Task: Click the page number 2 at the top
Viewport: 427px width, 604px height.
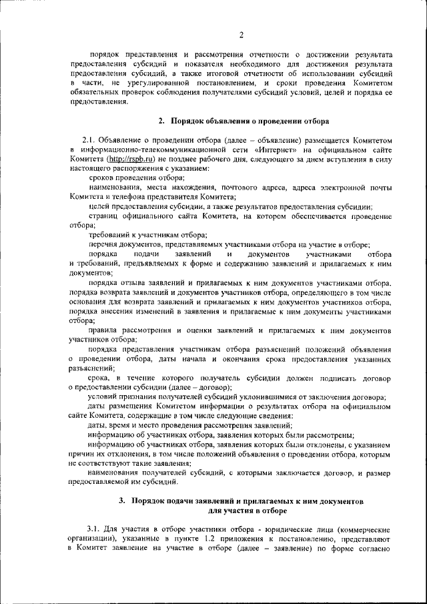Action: click(x=241, y=34)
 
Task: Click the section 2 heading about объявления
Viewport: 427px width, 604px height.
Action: click(x=243, y=121)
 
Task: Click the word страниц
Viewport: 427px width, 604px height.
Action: click(x=104, y=218)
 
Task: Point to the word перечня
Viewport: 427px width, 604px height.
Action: click(x=104, y=246)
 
